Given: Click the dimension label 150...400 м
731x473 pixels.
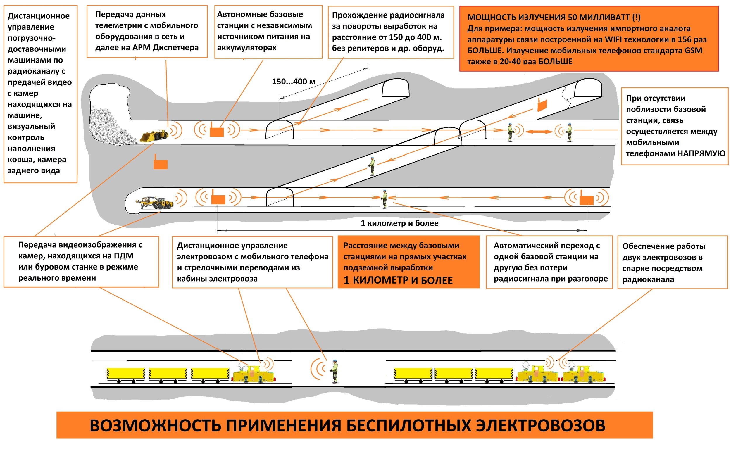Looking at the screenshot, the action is pyautogui.click(x=294, y=82).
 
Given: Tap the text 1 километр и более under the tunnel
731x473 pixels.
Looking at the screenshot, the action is pyautogui.click(x=399, y=223).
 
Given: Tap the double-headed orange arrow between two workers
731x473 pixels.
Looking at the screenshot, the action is pyautogui.click(x=539, y=132).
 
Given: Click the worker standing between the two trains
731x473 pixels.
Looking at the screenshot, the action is pyautogui.click(x=335, y=371).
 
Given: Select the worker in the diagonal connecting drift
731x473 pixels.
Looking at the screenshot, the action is pyautogui.click(x=372, y=166).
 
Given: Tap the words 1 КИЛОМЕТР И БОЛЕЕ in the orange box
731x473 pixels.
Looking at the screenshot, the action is pyautogui.click(x=398, y=280).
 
